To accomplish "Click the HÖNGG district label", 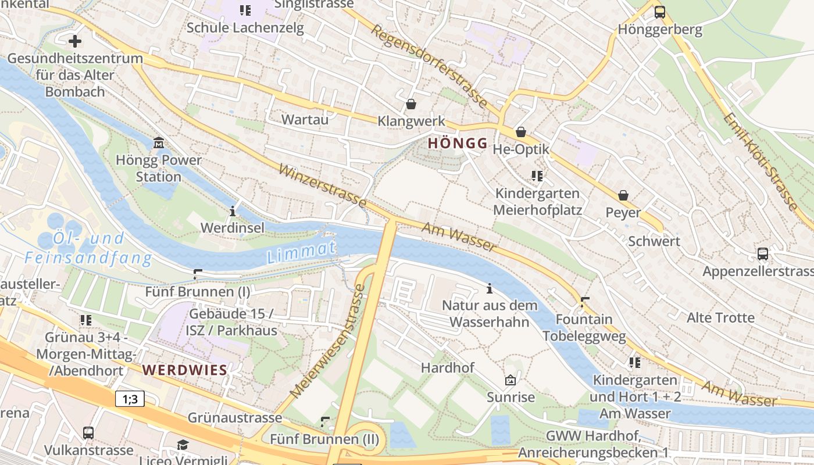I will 458,144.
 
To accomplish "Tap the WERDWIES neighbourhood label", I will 185,370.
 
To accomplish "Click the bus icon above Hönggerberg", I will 660,12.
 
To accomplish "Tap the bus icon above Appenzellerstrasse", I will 762,254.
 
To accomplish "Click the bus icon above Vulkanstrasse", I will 88,433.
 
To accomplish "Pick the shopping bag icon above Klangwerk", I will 411,104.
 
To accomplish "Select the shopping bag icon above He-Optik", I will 521,132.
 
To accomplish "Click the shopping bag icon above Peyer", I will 623,195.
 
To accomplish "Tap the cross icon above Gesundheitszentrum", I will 74,41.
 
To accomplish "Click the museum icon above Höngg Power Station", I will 158,143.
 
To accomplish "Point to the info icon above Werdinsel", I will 233,210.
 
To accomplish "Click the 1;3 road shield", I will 130,399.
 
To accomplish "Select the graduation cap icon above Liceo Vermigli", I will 183,445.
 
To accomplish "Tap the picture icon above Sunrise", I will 510,381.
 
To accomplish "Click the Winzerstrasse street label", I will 323,185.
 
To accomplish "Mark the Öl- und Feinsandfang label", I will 87,248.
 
